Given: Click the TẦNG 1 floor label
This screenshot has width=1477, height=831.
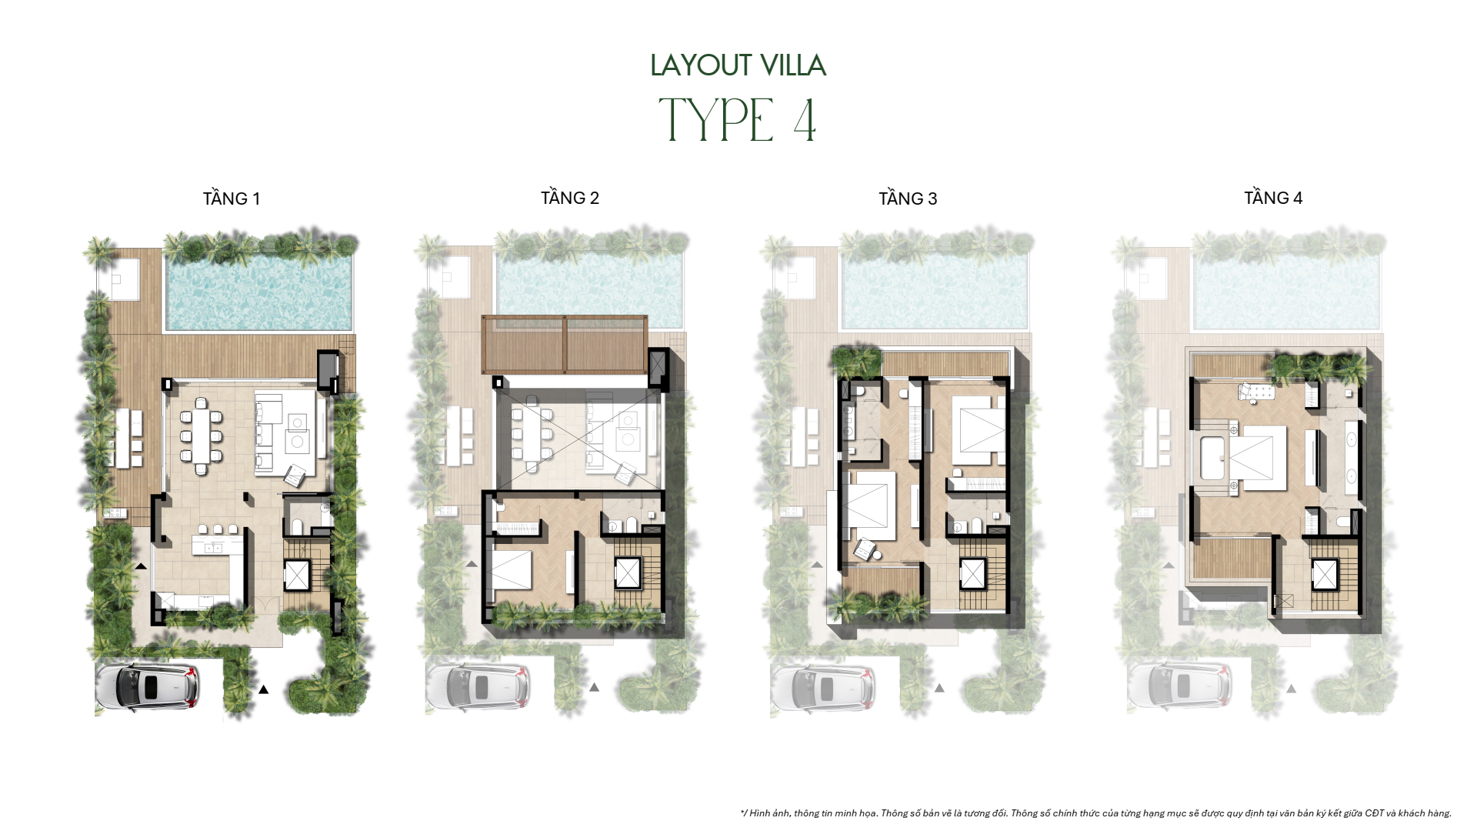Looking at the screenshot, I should [x=231, y=199].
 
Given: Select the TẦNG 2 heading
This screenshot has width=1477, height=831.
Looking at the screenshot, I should [x=569, y=198].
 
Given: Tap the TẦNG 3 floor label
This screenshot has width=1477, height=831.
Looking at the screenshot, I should [x=908, y=199].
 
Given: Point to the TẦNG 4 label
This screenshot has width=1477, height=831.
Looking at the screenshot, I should [x=1273, y=198].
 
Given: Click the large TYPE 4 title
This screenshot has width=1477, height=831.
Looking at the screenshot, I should [x=738, y=121].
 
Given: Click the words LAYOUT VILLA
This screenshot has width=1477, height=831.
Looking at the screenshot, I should [x=738, y=65].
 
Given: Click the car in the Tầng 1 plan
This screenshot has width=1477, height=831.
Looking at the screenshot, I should [x=146, y=686].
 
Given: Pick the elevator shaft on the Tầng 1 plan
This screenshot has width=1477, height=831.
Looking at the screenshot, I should [x=296, y=575].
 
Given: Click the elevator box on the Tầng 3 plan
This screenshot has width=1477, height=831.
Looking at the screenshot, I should [x=972, y=574].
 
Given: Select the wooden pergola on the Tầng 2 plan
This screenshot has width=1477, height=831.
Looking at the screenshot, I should [x=564, y=344].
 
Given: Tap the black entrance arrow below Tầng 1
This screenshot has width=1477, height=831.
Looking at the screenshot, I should [x=263, y=689].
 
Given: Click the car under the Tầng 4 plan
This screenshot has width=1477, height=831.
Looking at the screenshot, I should [x=1179, y=686].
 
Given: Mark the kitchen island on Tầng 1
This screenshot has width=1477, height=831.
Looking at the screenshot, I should [x=218, y=547].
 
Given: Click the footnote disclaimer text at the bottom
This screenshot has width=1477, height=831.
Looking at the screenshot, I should [x=1095, y=813].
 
